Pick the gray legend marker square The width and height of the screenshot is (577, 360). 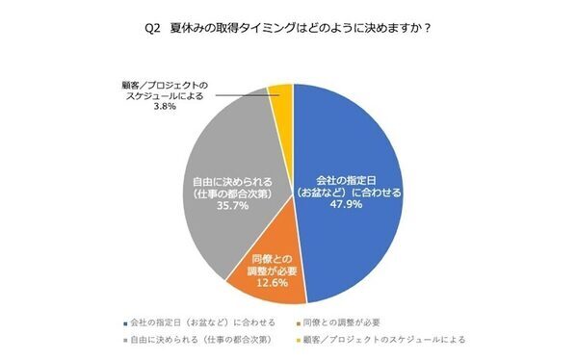pos(126,339)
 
